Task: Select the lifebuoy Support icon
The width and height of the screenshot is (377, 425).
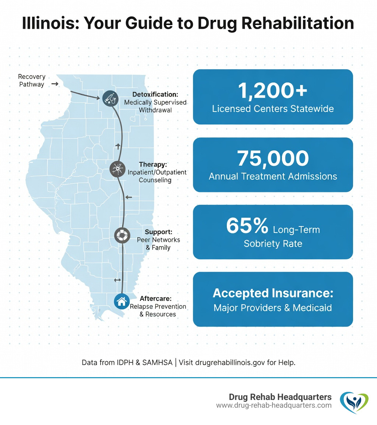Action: click(121, 235)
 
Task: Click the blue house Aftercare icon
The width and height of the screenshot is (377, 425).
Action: click(121, 301)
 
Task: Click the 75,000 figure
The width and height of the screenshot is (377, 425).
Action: click(273, 158)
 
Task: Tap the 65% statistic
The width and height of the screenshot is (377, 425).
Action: click(247, 226)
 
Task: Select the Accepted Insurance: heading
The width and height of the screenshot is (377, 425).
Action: click(273, 293)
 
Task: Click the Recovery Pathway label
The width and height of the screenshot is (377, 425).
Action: click(32, 80)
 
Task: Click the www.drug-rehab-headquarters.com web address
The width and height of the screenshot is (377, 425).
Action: click(274, 405)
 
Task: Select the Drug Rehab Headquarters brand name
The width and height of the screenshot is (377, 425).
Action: click(280, 397)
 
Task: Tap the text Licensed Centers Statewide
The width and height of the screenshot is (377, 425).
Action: click(273, 109)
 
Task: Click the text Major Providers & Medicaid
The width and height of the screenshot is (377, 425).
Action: click(273, 308)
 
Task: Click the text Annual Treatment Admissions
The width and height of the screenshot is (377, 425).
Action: click(273, 176)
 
